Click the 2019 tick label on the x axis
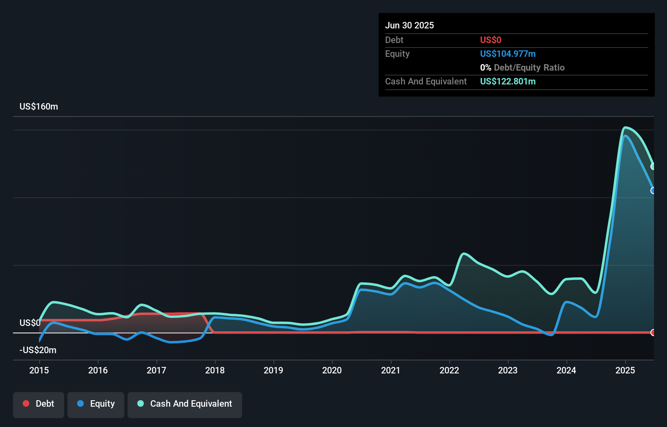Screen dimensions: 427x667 click(273, 370)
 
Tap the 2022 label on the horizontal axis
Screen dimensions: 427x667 click(449, 370)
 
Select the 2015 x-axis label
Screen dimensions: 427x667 click(39, 370)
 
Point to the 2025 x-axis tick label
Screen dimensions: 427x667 click(625, 370)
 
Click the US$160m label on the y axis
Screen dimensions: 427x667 click(39, 107)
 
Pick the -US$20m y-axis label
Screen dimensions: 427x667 click(38, 350)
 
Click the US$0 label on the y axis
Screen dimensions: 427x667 click(30, 323)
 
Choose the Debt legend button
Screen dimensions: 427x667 click(39, 404)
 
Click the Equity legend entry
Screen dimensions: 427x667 click(96, 404)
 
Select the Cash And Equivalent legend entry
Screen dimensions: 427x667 click(185, 404)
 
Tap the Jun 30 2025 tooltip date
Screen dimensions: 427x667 click(409, 25)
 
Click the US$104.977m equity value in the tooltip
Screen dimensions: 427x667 click(508, 54)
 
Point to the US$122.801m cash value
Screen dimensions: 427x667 click(508, 81)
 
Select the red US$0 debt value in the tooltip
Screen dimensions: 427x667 click(491, 40)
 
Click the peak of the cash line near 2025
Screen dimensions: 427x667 click(626, 127)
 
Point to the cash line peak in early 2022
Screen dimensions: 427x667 click(464, 254)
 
